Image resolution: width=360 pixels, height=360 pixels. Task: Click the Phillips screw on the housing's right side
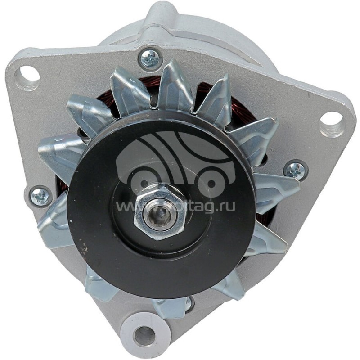point(296,171)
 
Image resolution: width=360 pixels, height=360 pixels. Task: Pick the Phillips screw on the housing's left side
point(41,197)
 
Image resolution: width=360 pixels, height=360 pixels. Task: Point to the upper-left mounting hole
point(30,74)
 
